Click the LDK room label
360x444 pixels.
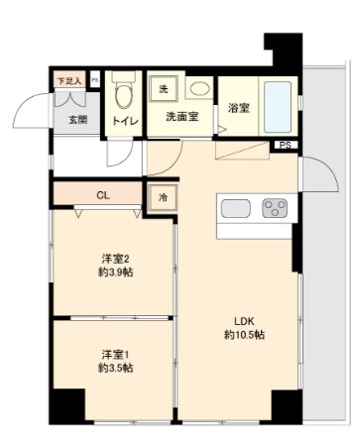(244, 320)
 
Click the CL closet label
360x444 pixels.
(103, 195)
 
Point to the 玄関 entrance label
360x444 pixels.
(77, 120)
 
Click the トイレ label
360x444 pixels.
(125, 121)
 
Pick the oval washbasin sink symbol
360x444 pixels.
(198, 89)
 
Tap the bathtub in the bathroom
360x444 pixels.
(278, 106)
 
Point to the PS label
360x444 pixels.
(286, 148)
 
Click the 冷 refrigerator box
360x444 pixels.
(165, 197)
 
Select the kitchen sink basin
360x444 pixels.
(236, 209)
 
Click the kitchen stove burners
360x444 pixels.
(274, 209)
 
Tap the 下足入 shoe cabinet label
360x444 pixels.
(67, 77)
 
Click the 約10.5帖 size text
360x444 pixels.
(244, 335)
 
